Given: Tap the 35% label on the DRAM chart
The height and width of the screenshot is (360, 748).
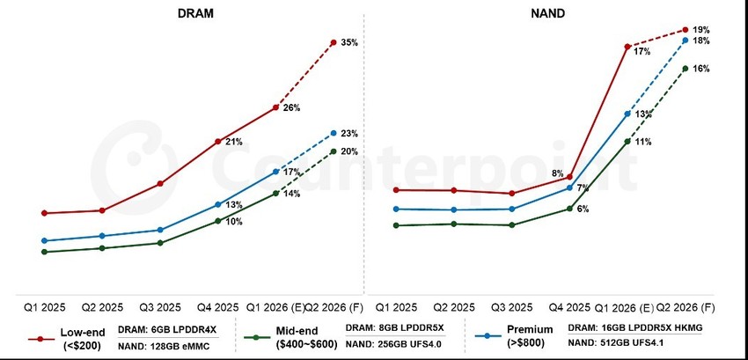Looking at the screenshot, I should coord(349,42).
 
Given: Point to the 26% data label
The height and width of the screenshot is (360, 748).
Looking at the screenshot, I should coord(291,108).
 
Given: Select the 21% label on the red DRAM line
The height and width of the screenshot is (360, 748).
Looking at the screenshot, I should coord(234,142).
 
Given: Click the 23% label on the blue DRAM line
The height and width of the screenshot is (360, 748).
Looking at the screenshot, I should coord(349,134).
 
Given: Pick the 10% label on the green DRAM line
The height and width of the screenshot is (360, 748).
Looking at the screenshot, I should coord(234,222).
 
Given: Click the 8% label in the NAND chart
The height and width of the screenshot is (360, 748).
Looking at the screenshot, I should coord(558,173).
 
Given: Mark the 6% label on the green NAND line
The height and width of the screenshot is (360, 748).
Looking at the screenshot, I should coord(583,209).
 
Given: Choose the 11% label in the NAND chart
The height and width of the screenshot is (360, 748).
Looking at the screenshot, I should coord(642,141).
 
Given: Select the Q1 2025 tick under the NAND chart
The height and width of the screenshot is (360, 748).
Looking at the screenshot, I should coord(396,307).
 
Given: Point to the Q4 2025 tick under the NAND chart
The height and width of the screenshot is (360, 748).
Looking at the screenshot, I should coord(569,307).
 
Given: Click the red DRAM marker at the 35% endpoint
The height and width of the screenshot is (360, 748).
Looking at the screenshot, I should coord(334,42).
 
